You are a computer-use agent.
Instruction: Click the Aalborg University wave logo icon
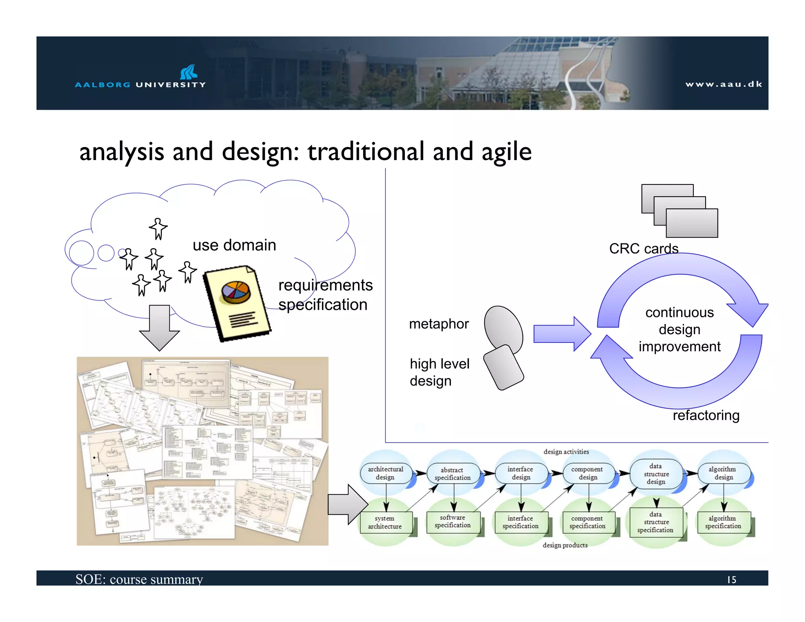189,72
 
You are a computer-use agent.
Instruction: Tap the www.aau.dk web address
724,84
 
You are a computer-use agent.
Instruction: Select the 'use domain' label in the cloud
234,245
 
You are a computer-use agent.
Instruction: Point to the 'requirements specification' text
325,295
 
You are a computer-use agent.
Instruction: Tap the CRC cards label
643,248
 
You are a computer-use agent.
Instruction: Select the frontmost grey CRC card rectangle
692,223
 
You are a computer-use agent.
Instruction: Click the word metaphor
439,324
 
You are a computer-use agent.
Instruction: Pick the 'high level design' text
439,372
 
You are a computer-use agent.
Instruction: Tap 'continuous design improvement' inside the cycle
679,329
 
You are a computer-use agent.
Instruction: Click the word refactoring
706,415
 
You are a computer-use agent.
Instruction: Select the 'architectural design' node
385,473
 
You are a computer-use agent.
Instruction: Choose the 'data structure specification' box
655,522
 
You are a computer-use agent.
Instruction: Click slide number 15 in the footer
731,580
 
